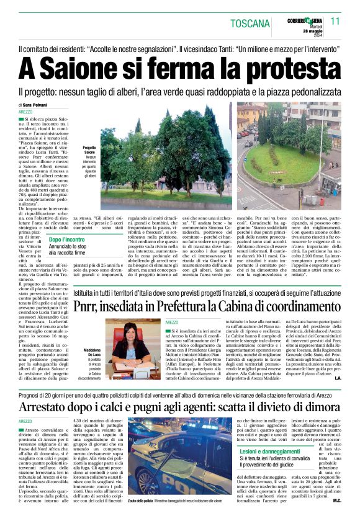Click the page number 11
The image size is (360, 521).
click(336, 20)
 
